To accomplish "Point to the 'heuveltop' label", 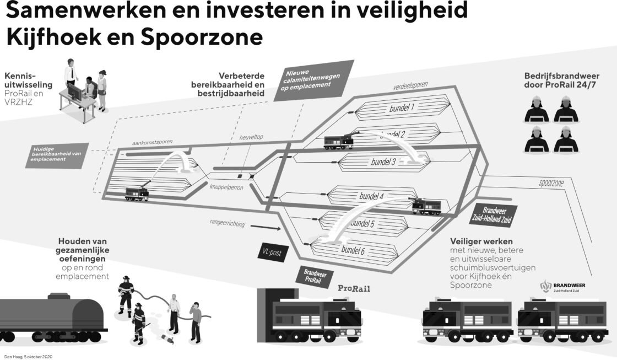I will (251, 137).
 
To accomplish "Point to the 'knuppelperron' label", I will (225, 186).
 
